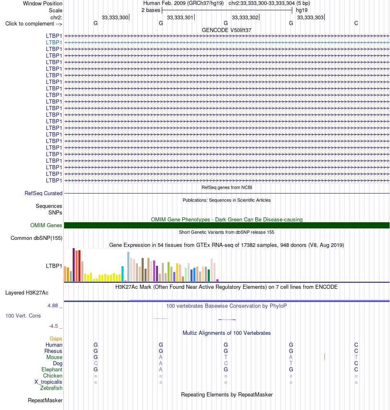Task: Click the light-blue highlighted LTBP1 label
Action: [54, 42]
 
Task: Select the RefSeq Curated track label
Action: [44, 193]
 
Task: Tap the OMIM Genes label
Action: [46, 225]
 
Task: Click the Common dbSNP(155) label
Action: [37, 238]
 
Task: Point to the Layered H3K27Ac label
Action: [27, 293]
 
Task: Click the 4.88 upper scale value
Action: [53, 305]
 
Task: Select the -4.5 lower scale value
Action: [53, 326]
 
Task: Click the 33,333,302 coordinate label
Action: [245, 18]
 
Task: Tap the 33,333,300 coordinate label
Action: [115, 18]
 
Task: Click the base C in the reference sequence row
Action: [356, 23]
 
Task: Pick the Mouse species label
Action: [54, 357]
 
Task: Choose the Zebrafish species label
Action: [51, 388]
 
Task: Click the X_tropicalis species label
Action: [48, 382]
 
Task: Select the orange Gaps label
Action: [56, 339]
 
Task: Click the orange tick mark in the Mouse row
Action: [324, 357]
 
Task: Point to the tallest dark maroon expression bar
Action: [73, 265]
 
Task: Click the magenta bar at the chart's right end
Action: [217, 280]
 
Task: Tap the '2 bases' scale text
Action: [151, 10]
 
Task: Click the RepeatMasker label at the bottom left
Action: [45, 400]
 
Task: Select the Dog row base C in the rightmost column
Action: [356, 364]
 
